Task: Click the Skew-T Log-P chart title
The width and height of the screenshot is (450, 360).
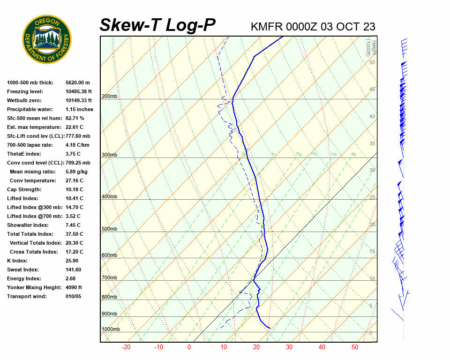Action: tap(157, 25)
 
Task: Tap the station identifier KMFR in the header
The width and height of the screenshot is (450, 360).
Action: tap(266, 27)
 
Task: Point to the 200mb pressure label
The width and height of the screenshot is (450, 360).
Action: tap(109, 97)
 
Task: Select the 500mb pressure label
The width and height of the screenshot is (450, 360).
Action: tap(109, 229)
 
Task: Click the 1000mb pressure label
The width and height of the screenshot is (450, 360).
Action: tap(111, 330)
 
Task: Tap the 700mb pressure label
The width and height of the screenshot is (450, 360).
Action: tap(109, 278)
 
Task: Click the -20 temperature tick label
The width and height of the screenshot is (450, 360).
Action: tap(126, 347)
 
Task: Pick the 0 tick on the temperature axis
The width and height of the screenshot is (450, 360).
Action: tap(189, 347)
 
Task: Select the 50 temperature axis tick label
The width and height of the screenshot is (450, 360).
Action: tap(355, 347)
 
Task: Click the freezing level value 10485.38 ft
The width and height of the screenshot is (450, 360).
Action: tap(79, 91)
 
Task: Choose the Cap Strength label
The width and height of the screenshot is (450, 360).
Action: tap(24, 189)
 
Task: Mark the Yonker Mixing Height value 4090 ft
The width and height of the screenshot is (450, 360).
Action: tap(74, 287)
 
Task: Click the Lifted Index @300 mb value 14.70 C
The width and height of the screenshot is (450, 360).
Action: tap(74, 207)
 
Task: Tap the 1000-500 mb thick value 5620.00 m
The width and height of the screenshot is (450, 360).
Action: tap(77, 82)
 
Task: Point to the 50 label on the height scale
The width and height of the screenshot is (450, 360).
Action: tap(372, 62)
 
